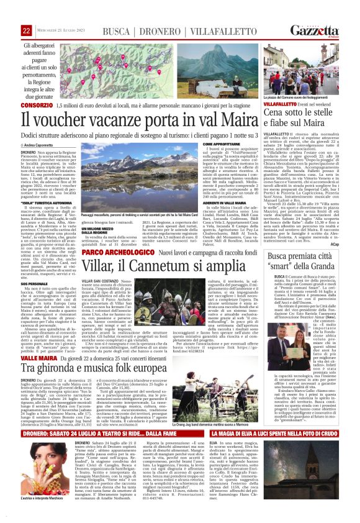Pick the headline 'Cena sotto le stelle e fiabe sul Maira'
tap(304, 124)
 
